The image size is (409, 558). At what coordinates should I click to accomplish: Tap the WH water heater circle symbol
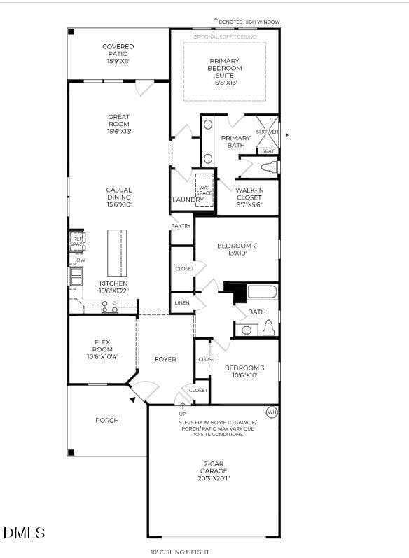click(x=272, y=412)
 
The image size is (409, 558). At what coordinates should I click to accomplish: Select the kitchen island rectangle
click(x=118, y=253)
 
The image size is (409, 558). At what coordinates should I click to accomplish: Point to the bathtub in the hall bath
click(x=262, y=292)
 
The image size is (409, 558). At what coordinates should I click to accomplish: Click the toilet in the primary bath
click(x=268, y=167)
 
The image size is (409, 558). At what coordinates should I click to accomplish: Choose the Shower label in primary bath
click(x=267, y=132)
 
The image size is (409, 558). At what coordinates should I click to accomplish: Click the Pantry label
click(x=181, y=226)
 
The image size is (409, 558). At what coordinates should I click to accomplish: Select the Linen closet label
click(x=182, y=303)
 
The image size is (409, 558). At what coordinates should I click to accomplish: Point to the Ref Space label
click(x=77, y=241)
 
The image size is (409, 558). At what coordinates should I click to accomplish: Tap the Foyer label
click(x=165, y=359)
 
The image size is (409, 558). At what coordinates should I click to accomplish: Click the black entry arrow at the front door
click(x=132, y=400)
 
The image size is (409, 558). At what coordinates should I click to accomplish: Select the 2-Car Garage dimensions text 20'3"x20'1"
click(x=213, y=478)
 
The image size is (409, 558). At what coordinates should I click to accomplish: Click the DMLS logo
click(x=24, y=533)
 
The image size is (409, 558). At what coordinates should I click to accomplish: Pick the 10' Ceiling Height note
click(x=180, y=552)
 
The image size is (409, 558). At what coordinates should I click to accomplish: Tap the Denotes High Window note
click(x=249, y=22)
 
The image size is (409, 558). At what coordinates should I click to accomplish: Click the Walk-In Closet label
click(x=249, y=195)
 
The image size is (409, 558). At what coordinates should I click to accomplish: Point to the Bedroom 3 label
click(x=244, y=371)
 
